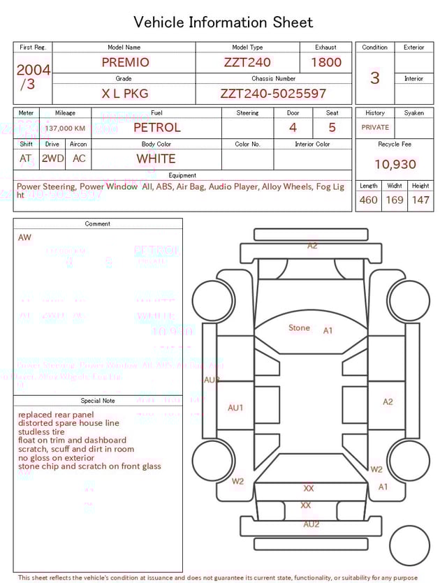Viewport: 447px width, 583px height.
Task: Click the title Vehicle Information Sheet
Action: tap(223, 22)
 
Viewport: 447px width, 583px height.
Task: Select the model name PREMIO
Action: tap(125, 62)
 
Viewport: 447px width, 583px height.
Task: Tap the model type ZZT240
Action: tap(247, 62)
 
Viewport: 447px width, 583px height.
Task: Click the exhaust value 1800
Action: tap(326, 62)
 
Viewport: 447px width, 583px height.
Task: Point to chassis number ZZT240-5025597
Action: tap(273, 94)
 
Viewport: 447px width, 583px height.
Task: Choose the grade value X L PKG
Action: tap(125, 94)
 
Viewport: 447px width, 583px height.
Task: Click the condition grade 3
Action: tap(375, 78)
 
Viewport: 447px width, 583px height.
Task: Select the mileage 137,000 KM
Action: tap(65, 128)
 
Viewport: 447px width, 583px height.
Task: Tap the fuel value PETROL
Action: tap(156, 127)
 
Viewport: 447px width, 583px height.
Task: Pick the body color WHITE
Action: tap(156, 158)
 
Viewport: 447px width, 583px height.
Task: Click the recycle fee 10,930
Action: tap(395, 165)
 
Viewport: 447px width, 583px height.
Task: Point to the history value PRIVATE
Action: tap(375, 128)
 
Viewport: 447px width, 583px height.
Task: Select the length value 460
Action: tap(368, 200)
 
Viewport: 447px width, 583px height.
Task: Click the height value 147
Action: tap(420, 200)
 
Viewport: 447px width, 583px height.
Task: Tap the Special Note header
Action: tap(98, 401)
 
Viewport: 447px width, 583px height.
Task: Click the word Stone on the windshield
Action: tap(299, 327)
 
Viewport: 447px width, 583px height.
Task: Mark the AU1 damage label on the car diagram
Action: tap(235, 408)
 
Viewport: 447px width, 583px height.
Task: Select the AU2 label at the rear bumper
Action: tap(312, 524)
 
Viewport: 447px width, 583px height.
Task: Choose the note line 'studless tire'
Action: tap(41, 431)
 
